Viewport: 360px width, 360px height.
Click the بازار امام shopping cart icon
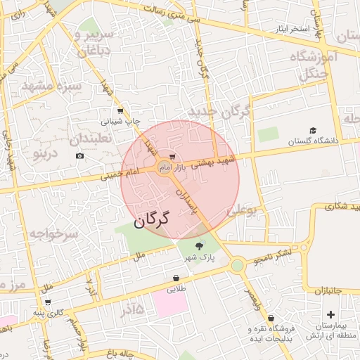[173, 157]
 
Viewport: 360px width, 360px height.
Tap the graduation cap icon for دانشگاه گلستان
[312, 131]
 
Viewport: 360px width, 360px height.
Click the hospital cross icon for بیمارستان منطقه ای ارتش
[330, 314]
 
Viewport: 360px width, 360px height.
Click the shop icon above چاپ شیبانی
[120, 110]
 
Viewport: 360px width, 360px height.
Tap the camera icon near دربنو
[79, 155]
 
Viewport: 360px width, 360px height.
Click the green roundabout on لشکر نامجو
[237, 265]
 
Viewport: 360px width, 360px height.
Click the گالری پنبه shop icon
[47, 302]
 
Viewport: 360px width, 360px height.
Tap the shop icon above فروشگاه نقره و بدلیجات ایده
[271, 318]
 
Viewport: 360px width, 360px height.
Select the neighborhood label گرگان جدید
[219, 112]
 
